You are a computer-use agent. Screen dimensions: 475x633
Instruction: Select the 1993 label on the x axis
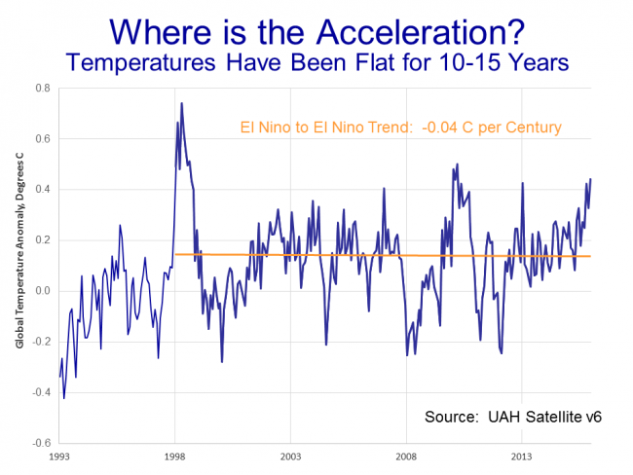(59, 455)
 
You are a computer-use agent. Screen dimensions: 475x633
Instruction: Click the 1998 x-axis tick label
(175, 455)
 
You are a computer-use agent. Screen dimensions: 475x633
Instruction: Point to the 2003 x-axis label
(290, 455)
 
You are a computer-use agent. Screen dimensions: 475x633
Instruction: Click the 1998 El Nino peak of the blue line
(181, 103)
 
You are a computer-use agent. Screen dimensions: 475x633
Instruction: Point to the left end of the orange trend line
(175, 255)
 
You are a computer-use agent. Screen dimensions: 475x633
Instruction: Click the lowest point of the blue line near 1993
(64, 397)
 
